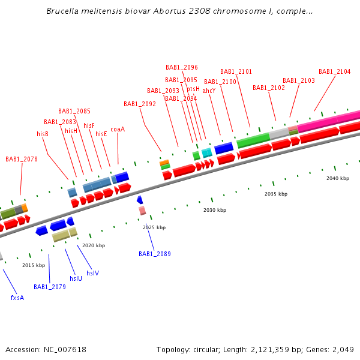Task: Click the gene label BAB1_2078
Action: coord(22,160)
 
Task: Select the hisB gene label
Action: coord(43,134)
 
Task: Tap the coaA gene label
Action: coord(118,129)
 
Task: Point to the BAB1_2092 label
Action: coord(140,104)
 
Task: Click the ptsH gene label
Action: coord(193,89)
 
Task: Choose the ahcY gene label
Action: coord(209,91)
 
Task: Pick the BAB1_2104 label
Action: coord(335,72)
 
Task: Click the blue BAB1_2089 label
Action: coord(155,254)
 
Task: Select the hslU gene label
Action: coord(76,278)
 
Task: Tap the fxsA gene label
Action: coord(17,298)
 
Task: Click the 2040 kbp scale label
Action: coord(338,179)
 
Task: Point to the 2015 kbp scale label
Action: coord(34,265)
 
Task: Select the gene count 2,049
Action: coord(343,350)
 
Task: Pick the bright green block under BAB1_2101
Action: coord(253,141)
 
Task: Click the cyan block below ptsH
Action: coord(206,153)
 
